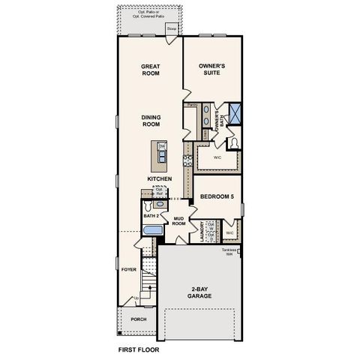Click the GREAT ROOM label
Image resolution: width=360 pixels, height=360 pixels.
click(x=151, y=70)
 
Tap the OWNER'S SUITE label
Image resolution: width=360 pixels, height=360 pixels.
click(x=213, y=70)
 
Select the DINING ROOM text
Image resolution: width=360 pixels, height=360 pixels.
click(x=151, y=121)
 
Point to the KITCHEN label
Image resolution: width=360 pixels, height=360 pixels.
click(x=160, y=178)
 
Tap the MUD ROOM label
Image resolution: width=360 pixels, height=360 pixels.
click(x=179, y=221)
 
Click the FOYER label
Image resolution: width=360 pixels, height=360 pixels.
click(x=129, y=268)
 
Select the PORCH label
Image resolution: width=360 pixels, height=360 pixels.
click(x=139, y=318)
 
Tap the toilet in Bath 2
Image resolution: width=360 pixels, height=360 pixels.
click(x=149, y=204)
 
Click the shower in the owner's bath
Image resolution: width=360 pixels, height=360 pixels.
click(x=235, y=115)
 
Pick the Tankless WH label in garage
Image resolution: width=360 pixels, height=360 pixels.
click(x=230, y=252)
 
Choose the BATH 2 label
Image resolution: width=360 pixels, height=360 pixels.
click(x=151, y=217)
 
